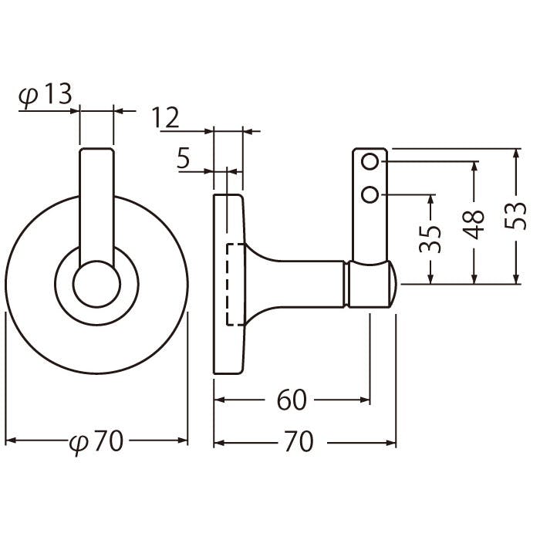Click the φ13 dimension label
(x=45, y=96)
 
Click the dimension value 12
(x=166, y=117)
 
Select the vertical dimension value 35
(x=430, y=239)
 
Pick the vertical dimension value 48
(x=473, y=225)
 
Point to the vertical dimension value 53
(x=515, y=216)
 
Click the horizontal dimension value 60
(x=292, y=400)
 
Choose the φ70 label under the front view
(x=96, y=441)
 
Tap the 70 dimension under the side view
(x=299, y=442)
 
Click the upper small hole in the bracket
(x=370, y=161)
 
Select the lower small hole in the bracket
(x=370, y=195)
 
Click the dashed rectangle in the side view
(x=228, y=285)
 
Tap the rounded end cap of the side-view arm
(x=393, y=285)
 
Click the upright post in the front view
(x=96, y=207)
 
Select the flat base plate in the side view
(x=228, y=285)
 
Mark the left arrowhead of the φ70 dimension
(x=11, y=440)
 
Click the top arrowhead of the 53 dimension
(x=515, y=154)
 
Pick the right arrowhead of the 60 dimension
(x=365, y=400)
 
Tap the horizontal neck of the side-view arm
(x=296, y=285)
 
